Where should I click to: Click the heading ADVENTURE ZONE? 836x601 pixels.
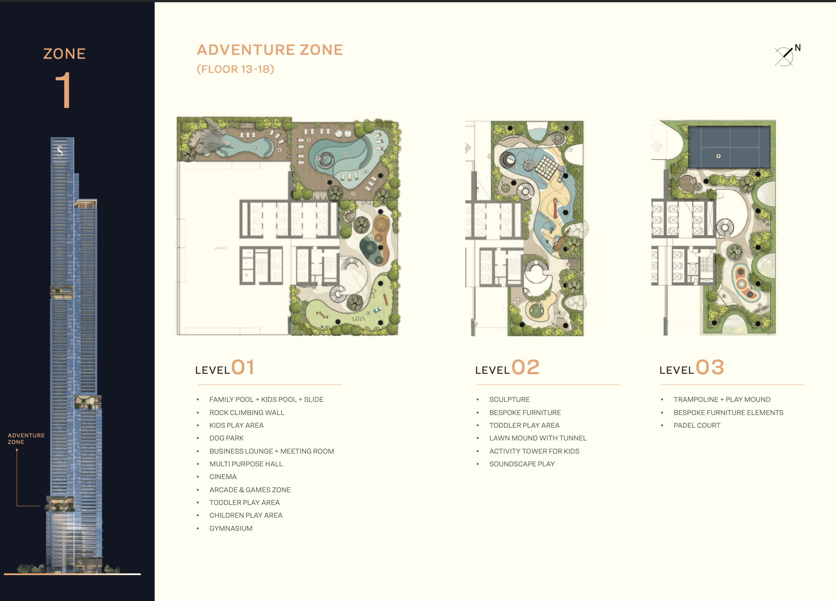point(269,50)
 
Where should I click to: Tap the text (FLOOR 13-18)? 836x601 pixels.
point(235,69)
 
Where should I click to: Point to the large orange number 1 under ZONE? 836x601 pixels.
point(64,90)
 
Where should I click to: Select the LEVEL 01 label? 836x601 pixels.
point(225,368)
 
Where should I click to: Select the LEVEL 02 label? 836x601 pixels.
point(507,368)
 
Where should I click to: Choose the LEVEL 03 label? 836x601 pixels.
point(692,368)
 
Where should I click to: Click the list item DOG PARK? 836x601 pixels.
point(226,438)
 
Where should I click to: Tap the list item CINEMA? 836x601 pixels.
point(223,477)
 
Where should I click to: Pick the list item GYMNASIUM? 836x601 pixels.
point(231,529)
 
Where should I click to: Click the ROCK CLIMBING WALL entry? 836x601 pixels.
point(247,413)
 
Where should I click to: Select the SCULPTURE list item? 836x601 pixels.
point(509,400)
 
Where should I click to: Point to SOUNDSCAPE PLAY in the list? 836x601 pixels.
point(522,464)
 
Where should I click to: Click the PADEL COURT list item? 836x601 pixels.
point(697,426)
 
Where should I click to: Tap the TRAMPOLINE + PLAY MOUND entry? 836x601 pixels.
point(722,400)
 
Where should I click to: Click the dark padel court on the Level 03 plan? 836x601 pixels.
point(729,147)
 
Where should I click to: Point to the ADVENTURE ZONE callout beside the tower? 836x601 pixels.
point(26,439)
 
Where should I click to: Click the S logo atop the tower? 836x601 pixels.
point(60,151)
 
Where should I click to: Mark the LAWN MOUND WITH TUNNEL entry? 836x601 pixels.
point(538,438)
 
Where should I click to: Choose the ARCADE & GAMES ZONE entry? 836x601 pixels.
point(250,490)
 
